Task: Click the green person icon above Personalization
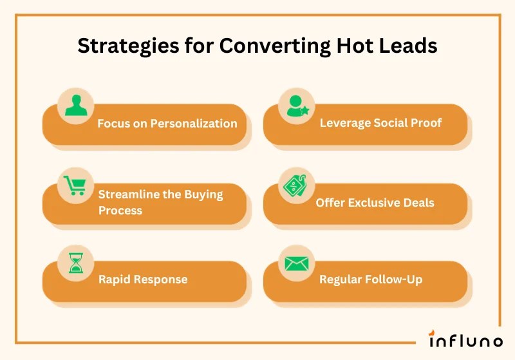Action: click(76, 105)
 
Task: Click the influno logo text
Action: click(465, 339)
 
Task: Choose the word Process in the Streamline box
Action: click(120, 210)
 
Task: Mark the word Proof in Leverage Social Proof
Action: click(426, 122)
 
